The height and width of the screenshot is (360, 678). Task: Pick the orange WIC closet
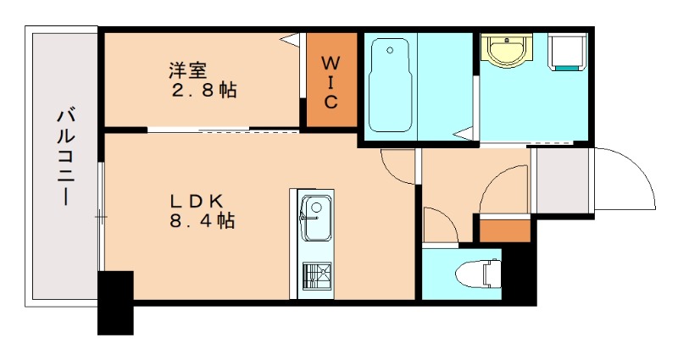[x=331, y=83]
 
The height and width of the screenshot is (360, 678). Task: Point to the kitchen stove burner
[x=317, y=275]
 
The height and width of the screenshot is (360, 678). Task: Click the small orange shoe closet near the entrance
[x=503, y=229]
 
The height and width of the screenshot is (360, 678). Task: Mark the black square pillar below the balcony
[x=116, y=302]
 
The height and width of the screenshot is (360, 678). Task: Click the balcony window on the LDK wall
[x=101, y=217]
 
